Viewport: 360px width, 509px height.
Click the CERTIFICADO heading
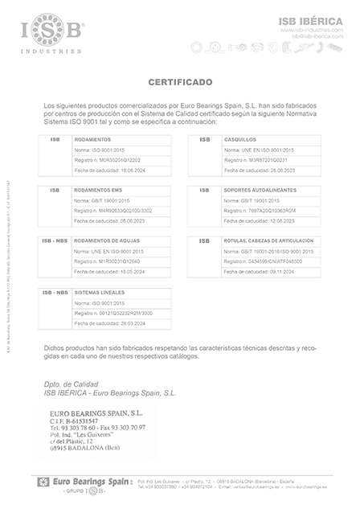tap(180, 82)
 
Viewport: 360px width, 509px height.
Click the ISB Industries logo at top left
tap(51, 31)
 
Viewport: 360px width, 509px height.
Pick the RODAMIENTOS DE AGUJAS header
tap(107, 240)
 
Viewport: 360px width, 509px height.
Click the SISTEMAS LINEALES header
tap(100, 291)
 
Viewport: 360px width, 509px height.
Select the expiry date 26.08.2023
tap(267, 170)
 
